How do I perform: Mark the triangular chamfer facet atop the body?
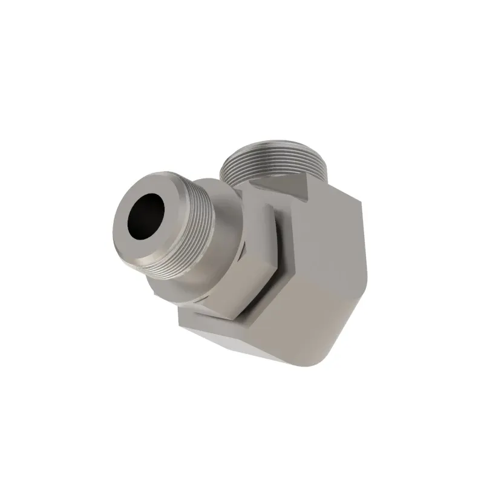tap(282, 184)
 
